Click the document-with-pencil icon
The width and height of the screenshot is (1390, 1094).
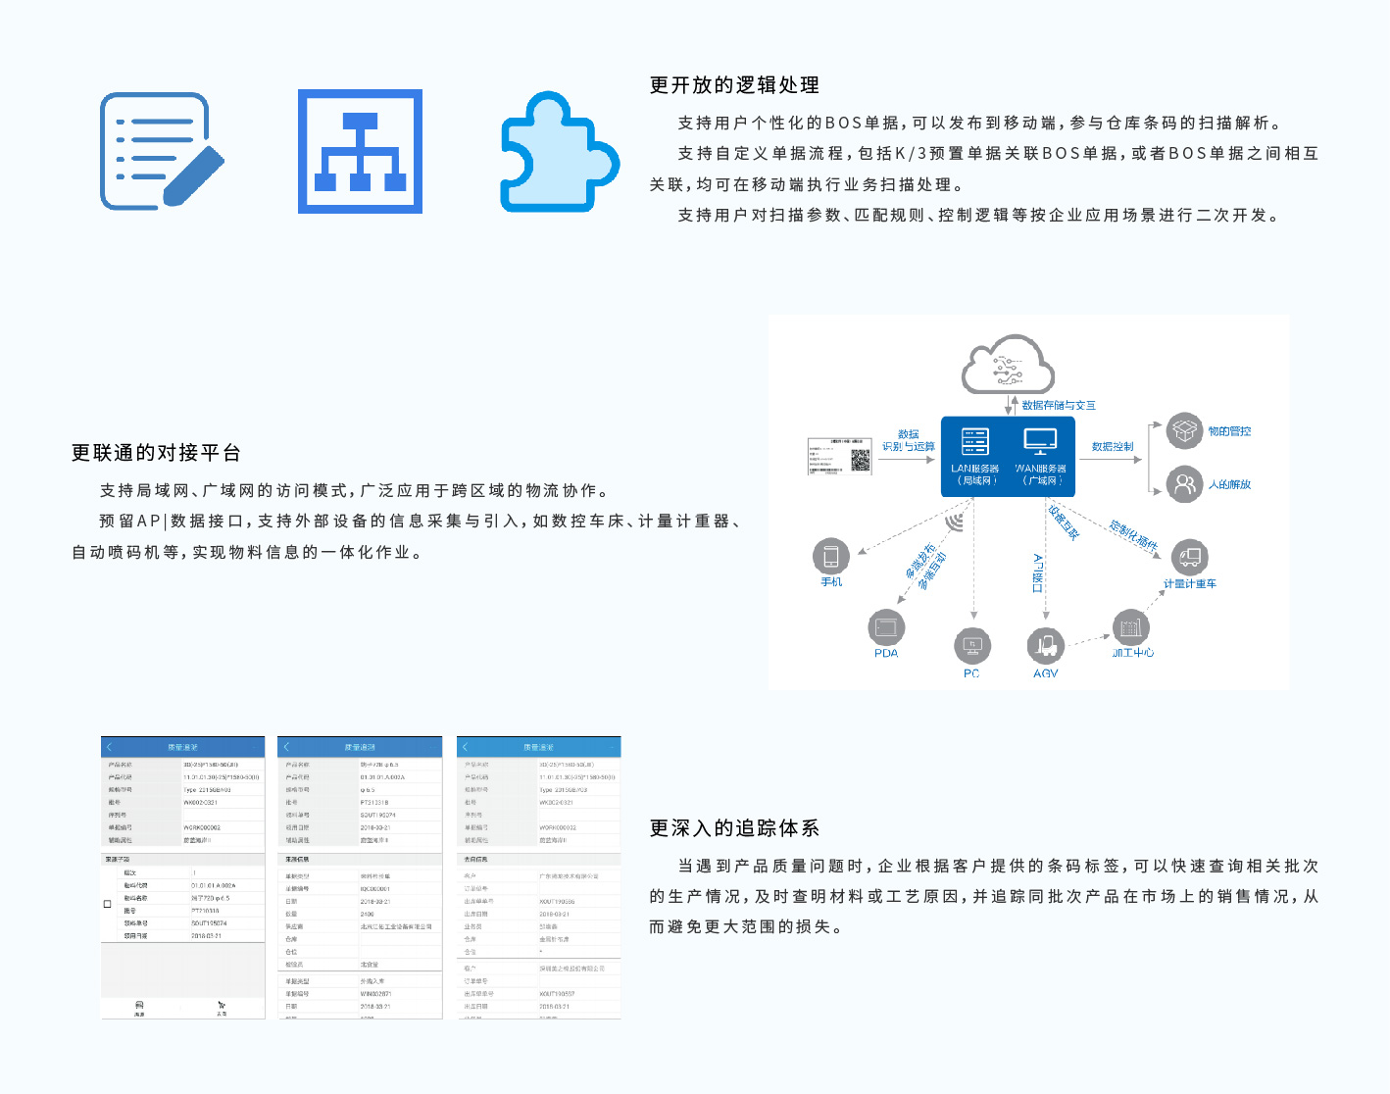click(x=160, y=151)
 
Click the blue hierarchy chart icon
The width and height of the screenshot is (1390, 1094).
click(x=360, y=151)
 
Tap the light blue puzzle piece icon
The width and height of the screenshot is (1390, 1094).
click(x=558, y=152)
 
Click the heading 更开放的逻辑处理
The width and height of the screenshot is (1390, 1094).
click(x=734, y=85)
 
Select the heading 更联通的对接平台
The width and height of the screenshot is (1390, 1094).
click(x=156, y=453)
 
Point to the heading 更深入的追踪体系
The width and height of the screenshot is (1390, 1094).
click(x=734, y=828)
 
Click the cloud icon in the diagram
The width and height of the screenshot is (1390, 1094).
click(x=1008, y=365)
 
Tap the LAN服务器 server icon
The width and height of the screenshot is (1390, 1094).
click(x=974, y=441)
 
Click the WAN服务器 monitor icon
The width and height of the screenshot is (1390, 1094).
click(x=1040, y=441)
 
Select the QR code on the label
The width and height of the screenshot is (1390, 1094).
click(x=860, y=460)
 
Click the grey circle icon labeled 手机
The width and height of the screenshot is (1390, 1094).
click(x=831, y=557)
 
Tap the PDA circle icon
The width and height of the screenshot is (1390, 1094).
click(x=886, y=627)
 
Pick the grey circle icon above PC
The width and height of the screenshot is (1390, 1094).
click(x=972, y=645)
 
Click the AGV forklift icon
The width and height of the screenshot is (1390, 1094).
click(x=1046, y=646)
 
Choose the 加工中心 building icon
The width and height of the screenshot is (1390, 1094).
click(x=1130, y=627)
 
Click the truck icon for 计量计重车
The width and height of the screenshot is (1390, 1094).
click(x=1189, y=558)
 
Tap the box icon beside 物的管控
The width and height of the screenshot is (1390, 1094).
click(x=1185, y=431)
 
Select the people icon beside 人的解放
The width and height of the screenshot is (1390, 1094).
click(x=1185, y=484)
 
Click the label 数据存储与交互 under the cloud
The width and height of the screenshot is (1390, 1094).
click(x=1059, y=405)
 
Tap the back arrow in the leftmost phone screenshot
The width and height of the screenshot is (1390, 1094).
click(x=110, y=747)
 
